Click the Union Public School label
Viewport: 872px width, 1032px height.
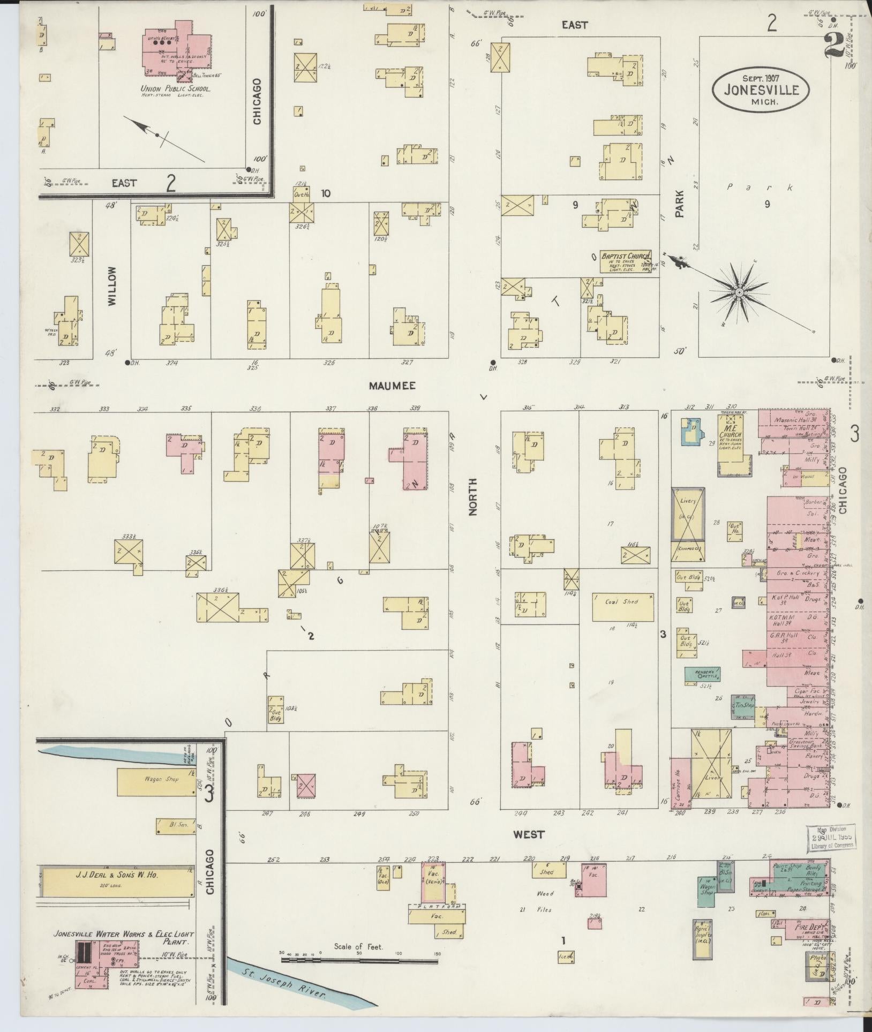(x=175, y=89)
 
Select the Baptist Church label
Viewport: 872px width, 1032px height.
(x=625, y=257)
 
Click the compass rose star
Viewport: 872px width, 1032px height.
(x=739, y=292)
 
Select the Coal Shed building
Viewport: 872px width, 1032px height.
(x=622, y=602)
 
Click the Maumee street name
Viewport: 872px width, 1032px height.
(x=392, y=386)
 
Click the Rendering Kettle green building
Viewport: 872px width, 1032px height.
(x=702, y=674)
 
